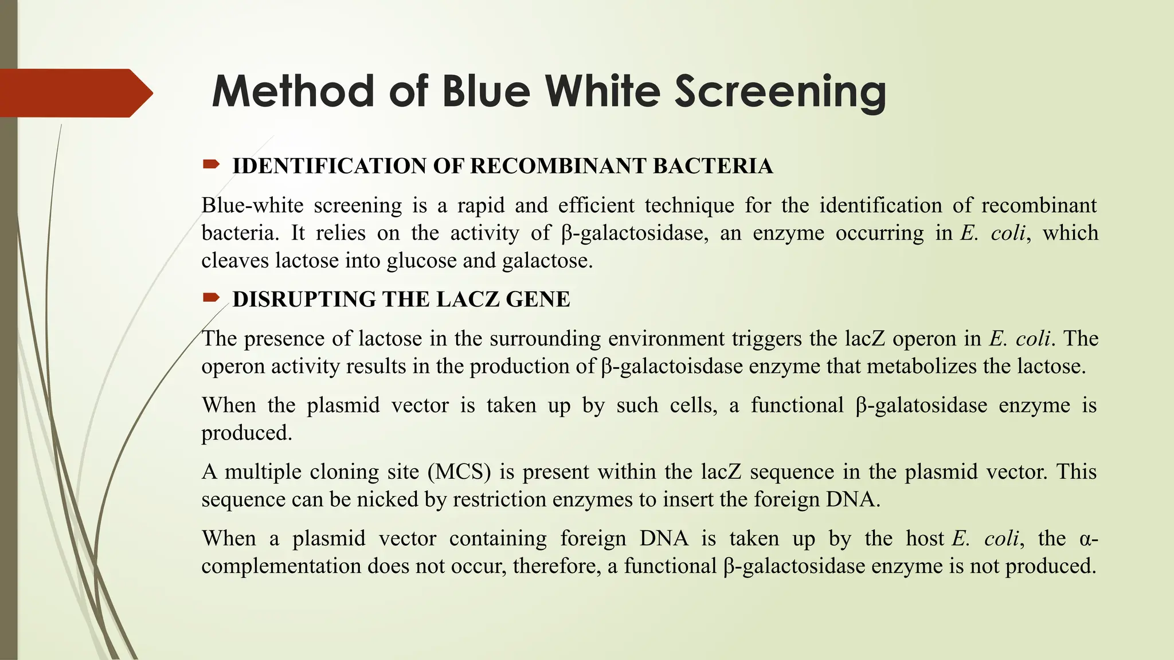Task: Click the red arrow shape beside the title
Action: (75, 93)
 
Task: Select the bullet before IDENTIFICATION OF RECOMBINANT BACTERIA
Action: (210, 165)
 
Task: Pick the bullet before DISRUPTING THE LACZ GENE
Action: (210, 297)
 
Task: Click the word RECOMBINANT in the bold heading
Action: (558, 166)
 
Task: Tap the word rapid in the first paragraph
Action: (480, 205)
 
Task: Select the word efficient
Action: (596, 205)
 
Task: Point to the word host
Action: (925, 539)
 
